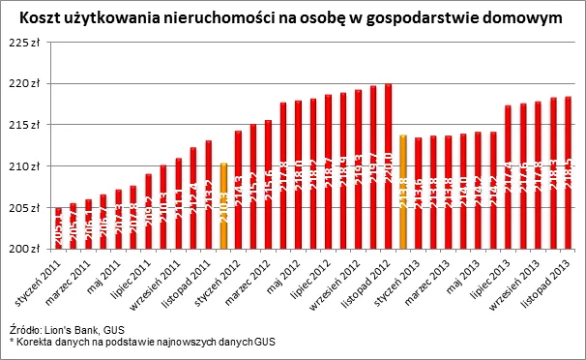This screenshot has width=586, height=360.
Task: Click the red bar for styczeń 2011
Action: [x=58, y=228]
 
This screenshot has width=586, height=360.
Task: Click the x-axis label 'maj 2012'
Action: [x=282, y=274]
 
